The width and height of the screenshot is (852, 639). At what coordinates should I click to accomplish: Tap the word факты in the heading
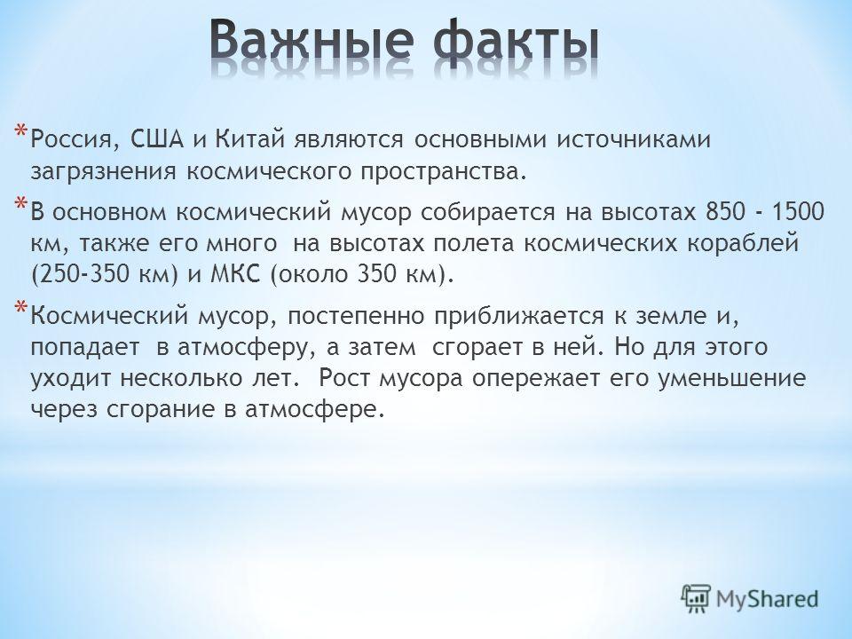pos(517,43)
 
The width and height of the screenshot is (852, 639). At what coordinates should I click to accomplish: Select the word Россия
pos(71,140)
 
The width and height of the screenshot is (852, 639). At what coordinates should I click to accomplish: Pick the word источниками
pos(634,139)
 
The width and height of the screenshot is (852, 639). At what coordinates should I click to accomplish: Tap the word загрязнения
pos(104,171)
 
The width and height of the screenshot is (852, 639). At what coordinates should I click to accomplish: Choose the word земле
pos(668,315)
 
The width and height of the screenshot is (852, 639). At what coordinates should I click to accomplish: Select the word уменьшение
pos(732,378)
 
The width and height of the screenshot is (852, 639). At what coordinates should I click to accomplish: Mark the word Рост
pos(343,378)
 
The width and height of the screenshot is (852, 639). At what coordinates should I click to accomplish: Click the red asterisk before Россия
pos(20,131)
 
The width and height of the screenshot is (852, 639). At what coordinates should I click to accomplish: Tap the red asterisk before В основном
pos(20,203)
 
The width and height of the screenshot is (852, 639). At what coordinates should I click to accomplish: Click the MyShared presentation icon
pos(696,598)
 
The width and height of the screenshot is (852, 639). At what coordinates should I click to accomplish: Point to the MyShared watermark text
pos(767,599)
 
